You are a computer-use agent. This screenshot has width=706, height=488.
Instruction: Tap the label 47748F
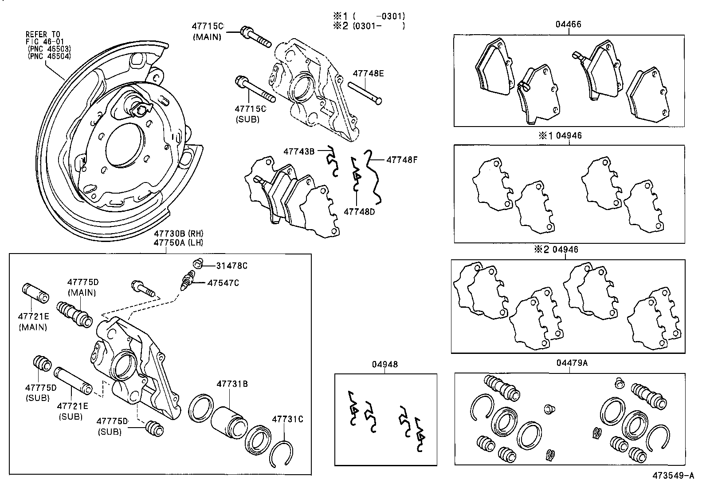tap(402, 159)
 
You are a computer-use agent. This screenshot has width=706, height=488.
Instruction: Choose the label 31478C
tap(231, 266)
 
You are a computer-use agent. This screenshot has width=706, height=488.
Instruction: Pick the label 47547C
tap(223, 283)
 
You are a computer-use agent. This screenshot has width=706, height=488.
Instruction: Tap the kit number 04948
tap(384, 365)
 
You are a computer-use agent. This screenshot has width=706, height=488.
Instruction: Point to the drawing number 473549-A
tap(672, 476)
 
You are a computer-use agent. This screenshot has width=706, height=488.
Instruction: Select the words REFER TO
tap(43, 34)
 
